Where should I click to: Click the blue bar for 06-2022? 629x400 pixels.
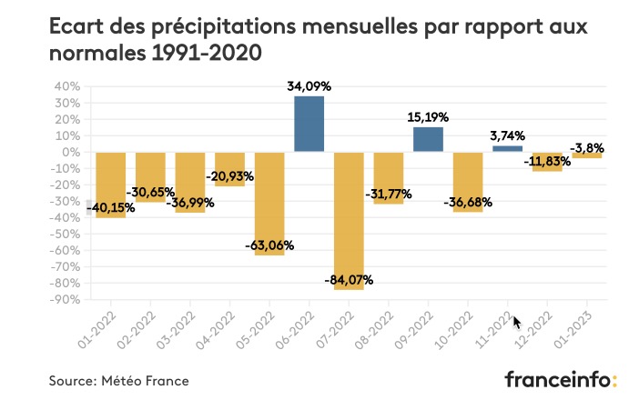(x=309, y=124)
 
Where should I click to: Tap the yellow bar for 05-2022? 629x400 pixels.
(x=269, y=203)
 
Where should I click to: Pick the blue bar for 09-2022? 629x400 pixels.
(x=428, y=139)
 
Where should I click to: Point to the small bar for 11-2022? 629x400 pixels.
(x=508, y=148)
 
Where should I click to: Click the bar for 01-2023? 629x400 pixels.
(x=587, y=155)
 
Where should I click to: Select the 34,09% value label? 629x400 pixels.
(x=309, y=86)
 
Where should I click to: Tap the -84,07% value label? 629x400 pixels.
(x=350, y=279)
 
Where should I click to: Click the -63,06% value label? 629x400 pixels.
(x=269, y=245)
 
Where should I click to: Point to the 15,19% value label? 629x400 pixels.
(x=429, y=117)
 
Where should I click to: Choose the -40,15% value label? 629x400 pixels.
(x=111, y=208)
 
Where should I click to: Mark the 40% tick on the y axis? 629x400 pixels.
(x=67, y=86)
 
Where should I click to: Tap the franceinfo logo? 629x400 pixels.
(x=561, y=378)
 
